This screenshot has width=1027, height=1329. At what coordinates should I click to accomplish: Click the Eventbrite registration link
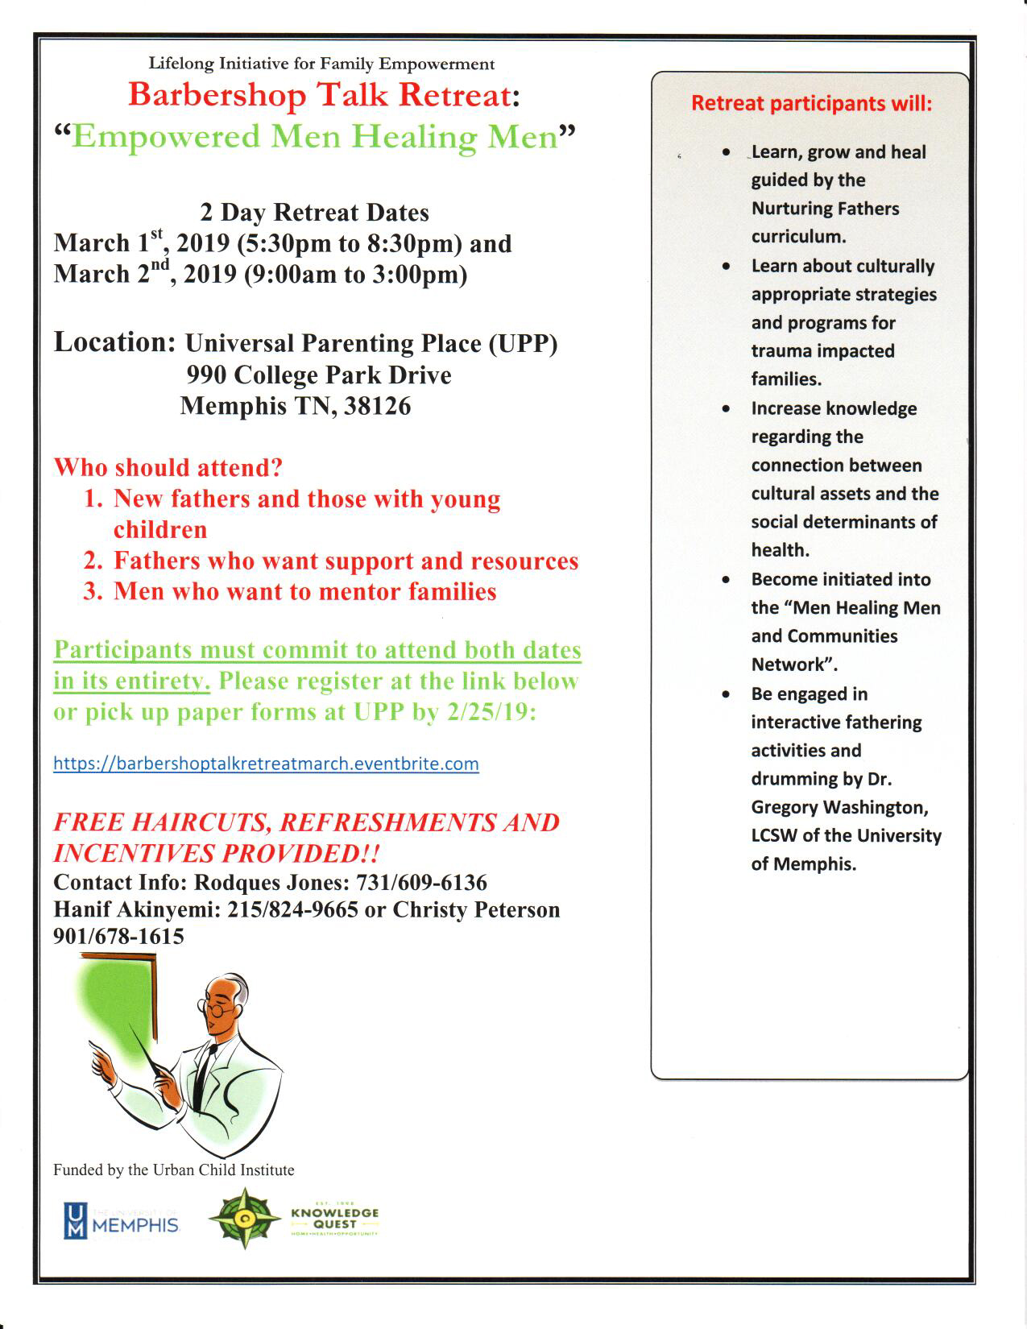[x=266, y=764]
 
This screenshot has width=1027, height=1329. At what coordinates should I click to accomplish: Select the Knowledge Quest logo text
[x=335, y=1218]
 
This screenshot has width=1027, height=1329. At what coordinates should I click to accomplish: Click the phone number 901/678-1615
[x=118, y=936]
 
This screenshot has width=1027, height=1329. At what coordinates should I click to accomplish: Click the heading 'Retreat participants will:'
[x=811, y=104]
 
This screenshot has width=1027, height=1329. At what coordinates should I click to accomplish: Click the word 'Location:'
[x=114, y=342]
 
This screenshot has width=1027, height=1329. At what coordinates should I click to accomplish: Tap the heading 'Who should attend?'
[x=168, y=467]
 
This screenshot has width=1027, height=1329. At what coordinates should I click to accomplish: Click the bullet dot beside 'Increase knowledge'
[x=727, y=409]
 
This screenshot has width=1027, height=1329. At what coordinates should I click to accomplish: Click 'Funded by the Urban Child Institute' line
[x=173, y=1170]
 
